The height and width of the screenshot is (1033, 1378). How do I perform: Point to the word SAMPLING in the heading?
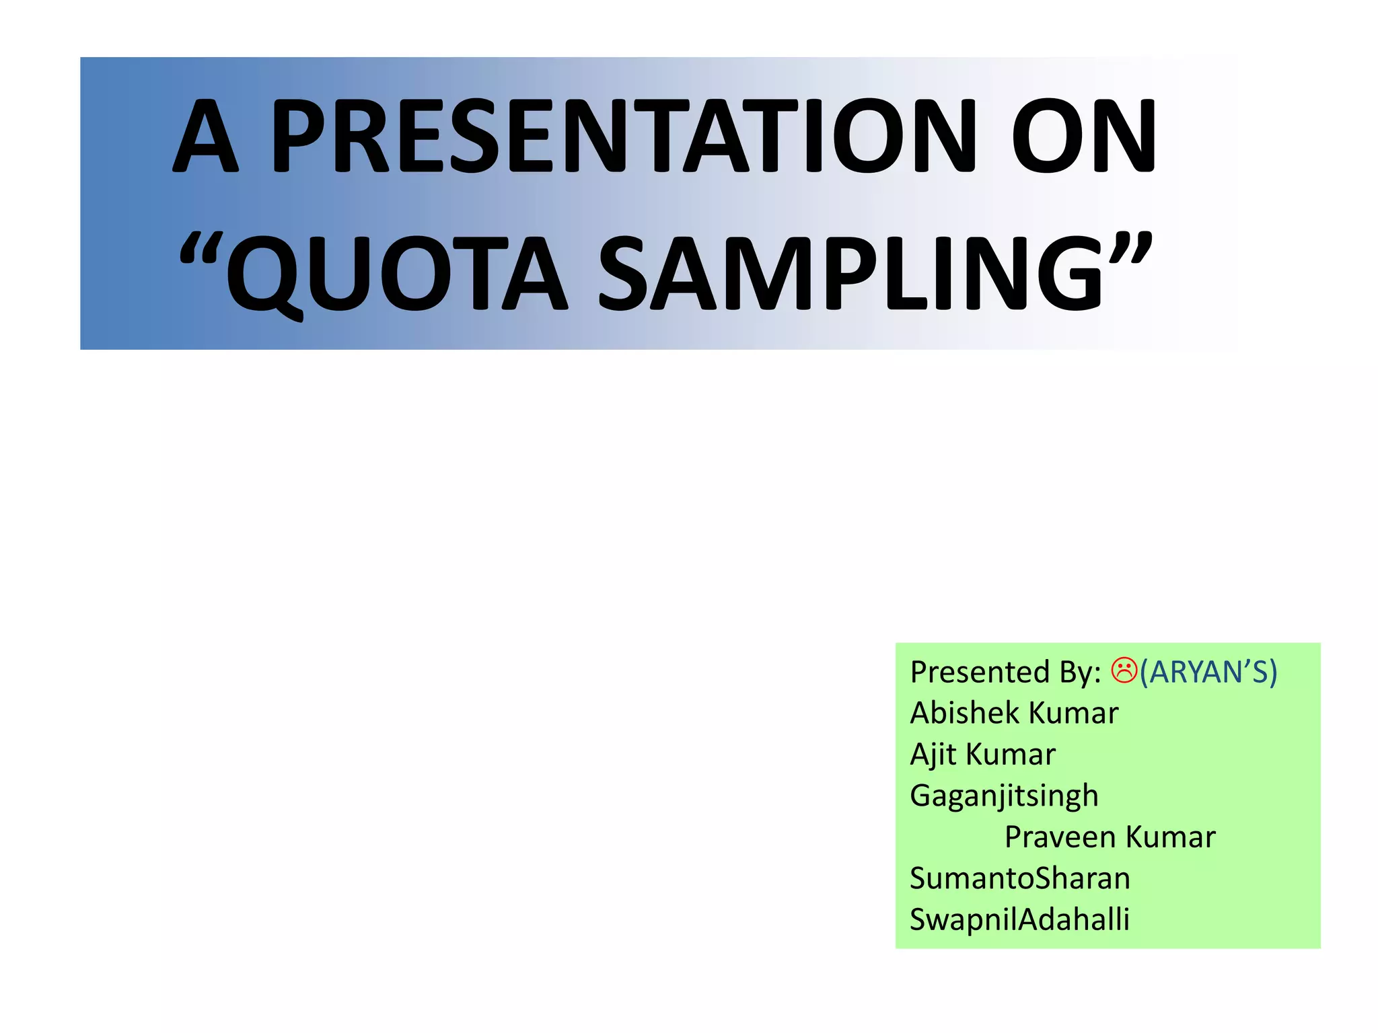[x=851, y=274]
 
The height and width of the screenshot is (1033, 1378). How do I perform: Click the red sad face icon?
[x=1124, y=670]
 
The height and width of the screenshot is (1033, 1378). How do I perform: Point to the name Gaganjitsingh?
[x=1004, y=796]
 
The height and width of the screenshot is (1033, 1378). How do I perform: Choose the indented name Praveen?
[x=1060, y=837]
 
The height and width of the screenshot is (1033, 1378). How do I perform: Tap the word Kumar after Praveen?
[x=1170, y=837]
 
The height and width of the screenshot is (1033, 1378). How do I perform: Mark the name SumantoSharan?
[x=1019, y=878]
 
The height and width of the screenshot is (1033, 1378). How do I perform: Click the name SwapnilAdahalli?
[x=1019, y=919]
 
